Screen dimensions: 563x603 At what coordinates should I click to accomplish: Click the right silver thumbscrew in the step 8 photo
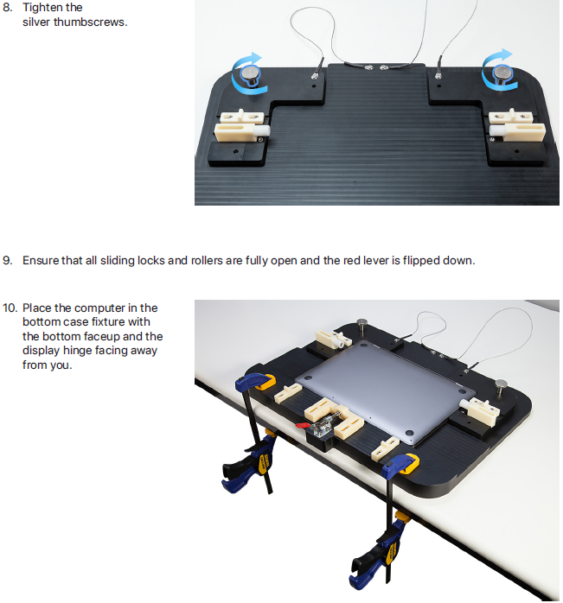point(502,74)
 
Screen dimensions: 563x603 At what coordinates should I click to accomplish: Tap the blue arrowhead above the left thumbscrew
point(255,58)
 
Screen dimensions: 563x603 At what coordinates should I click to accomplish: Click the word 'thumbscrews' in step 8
point(90,22)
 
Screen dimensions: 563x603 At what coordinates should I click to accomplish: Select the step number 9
point(7,260)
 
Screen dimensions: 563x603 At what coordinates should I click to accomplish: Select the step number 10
point(10,308)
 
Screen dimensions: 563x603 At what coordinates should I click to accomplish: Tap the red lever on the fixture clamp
point(304,425)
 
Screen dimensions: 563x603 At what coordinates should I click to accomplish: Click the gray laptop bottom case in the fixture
point(384,391)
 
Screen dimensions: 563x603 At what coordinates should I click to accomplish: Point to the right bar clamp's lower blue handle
point(365,573)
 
